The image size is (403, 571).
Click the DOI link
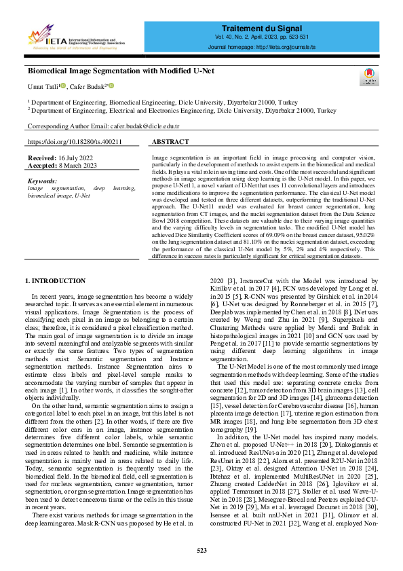tap(75, 142)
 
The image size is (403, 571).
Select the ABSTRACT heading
tap(170, 143)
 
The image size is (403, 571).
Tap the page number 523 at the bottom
tap(201, 551)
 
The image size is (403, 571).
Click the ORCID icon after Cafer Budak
tap(111, 86)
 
